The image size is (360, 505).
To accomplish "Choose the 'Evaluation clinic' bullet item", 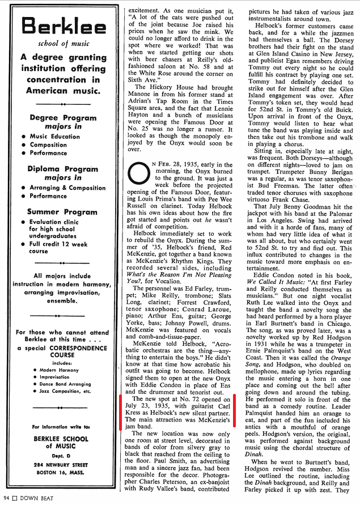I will click(52, 222).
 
